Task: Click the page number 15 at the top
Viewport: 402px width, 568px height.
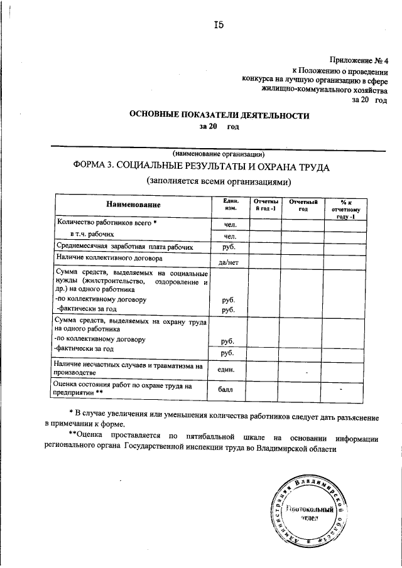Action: point(218,26)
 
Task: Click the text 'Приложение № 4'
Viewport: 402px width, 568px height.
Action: point(360,61)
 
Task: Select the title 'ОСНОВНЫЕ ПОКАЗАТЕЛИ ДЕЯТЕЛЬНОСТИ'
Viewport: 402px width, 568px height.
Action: point(219,115)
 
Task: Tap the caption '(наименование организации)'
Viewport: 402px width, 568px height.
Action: point(219,154)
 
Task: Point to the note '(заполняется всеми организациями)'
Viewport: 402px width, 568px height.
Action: point(219,183)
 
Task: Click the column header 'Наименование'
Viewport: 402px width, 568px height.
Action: point(133,205)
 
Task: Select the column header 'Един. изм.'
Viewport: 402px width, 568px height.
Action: point(229,204)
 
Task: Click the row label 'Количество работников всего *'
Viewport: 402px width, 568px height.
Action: point(106,222)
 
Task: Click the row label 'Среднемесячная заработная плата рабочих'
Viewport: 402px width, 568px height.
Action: point(125,247)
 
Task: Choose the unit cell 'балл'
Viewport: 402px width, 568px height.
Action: point(229,390)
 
